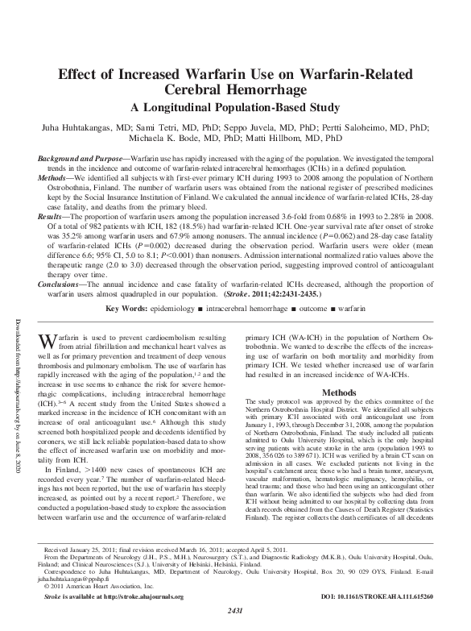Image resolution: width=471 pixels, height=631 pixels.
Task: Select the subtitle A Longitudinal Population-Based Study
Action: pyautogui.click(x=234, y=107)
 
